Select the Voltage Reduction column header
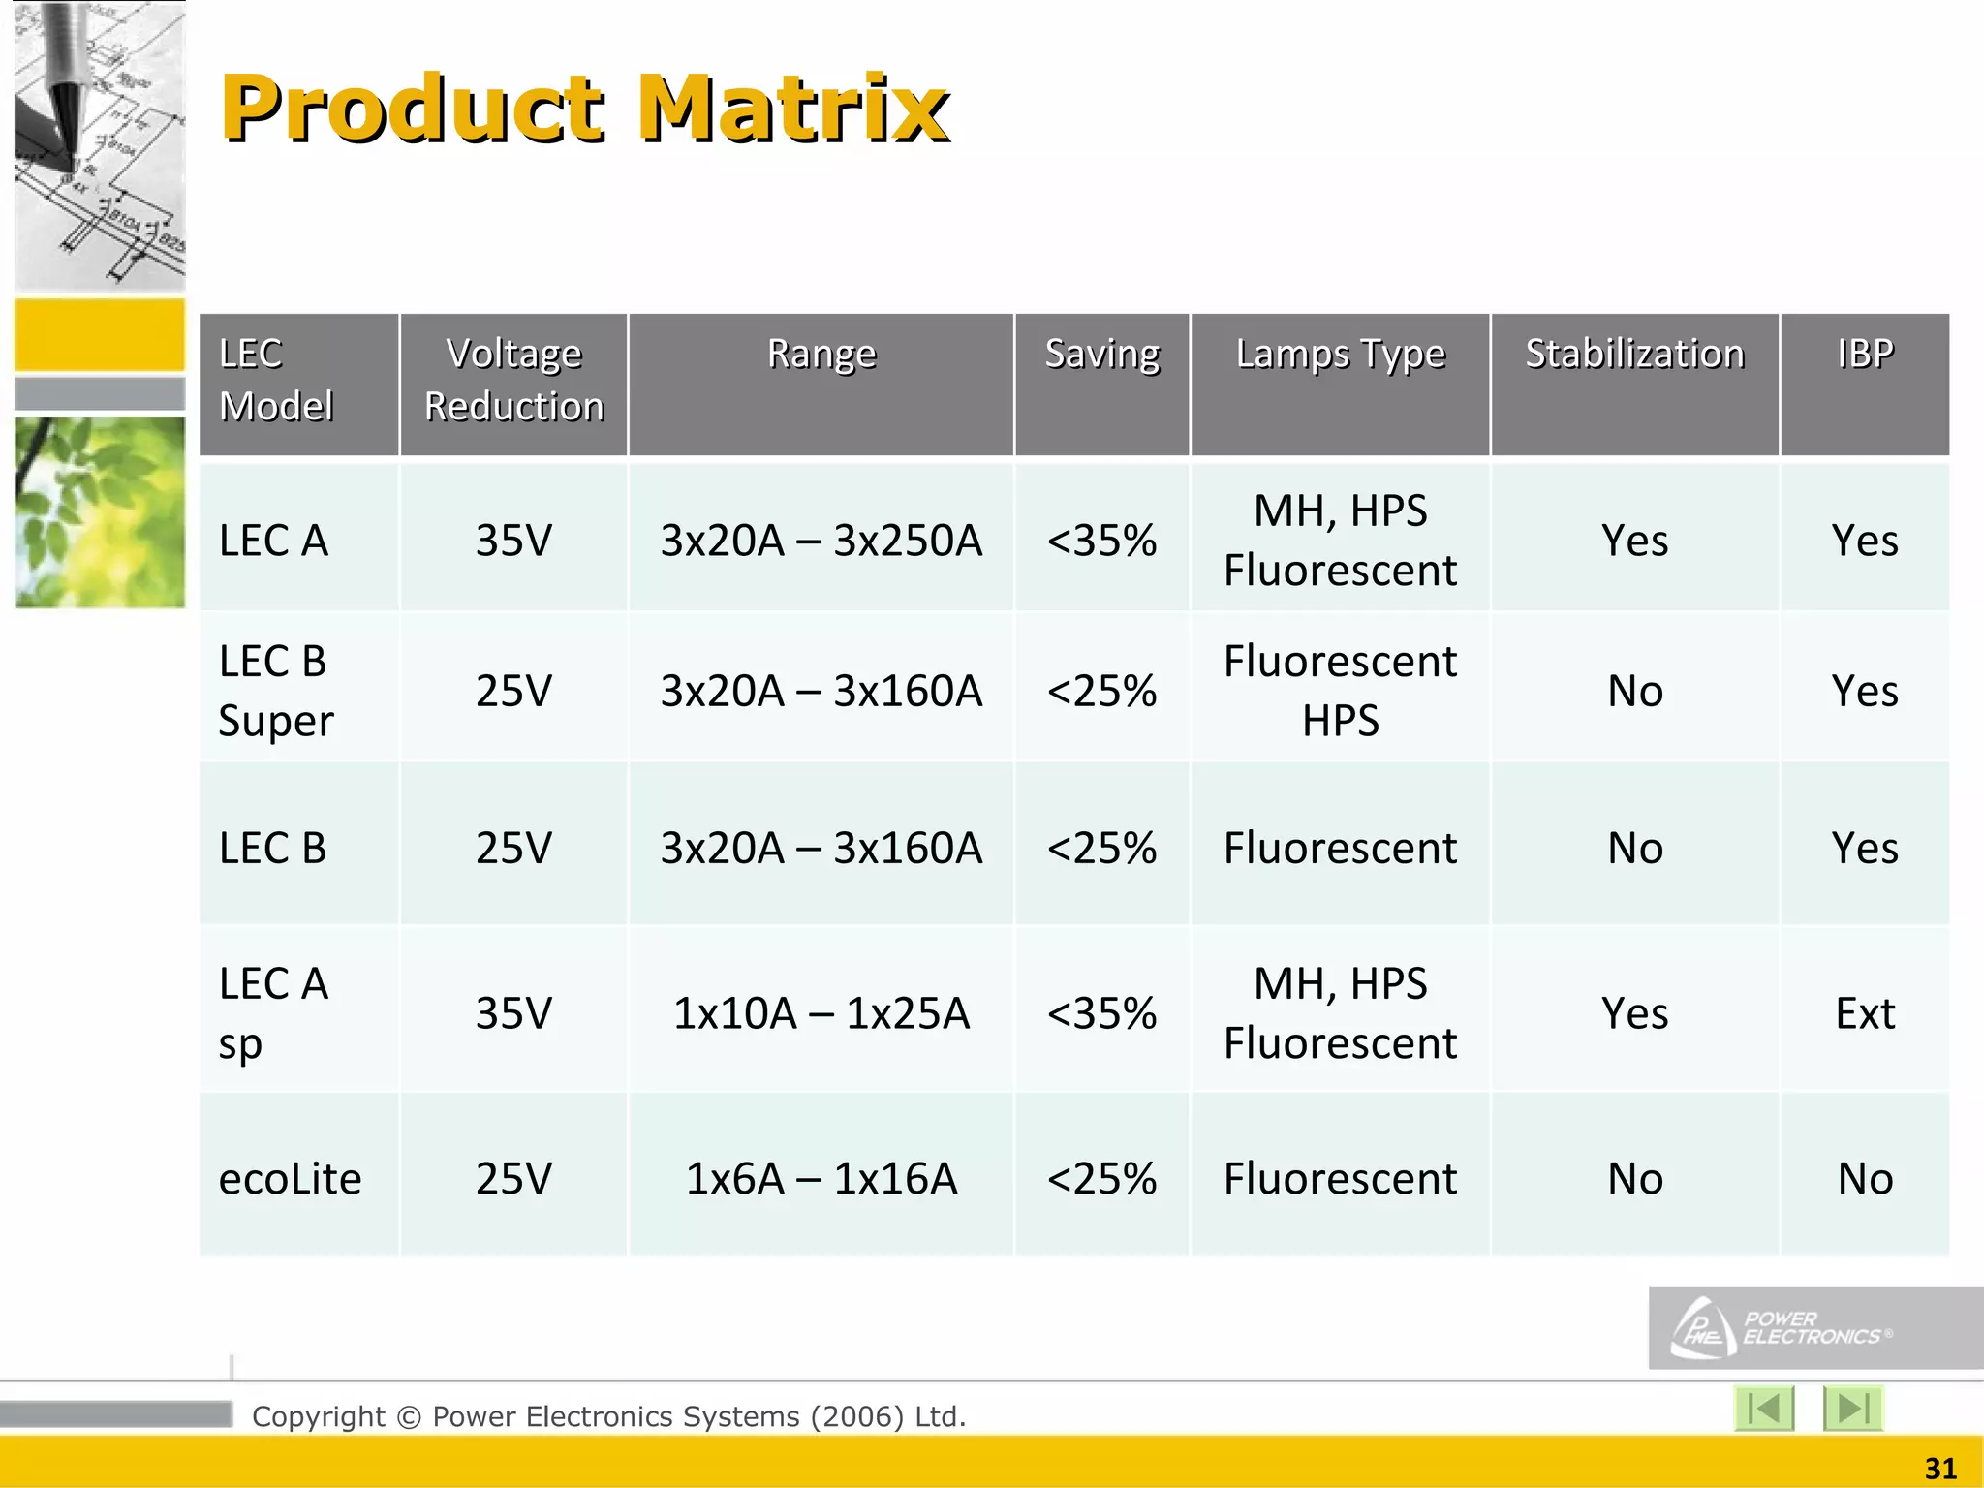[x=513, y=380]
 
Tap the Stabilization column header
[x=1634, y=355]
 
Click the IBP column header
[x=1864, y=355]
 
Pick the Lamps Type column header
[x=1340, y=355]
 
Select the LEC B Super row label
[x=276, y=690]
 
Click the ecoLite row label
[x=290, y=1179]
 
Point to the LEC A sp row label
[x=273, y=1012]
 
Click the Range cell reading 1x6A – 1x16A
[x=821, y=1179]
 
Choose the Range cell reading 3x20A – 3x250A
[x=821, y=541]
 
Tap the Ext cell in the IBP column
[x=1864, y=1013]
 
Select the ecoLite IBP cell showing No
[x=1864, y=1179]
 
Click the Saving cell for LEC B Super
[x=1101, y=691]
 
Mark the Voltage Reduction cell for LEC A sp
[x=513, y=1013]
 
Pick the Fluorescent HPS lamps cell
[x=1340, y=690]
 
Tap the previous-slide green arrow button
[x=1763, y=1408]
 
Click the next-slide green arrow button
[x=1852, y=1408]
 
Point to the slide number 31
[x=1939, y=1468]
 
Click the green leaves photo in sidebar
[x=100, y=512]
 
